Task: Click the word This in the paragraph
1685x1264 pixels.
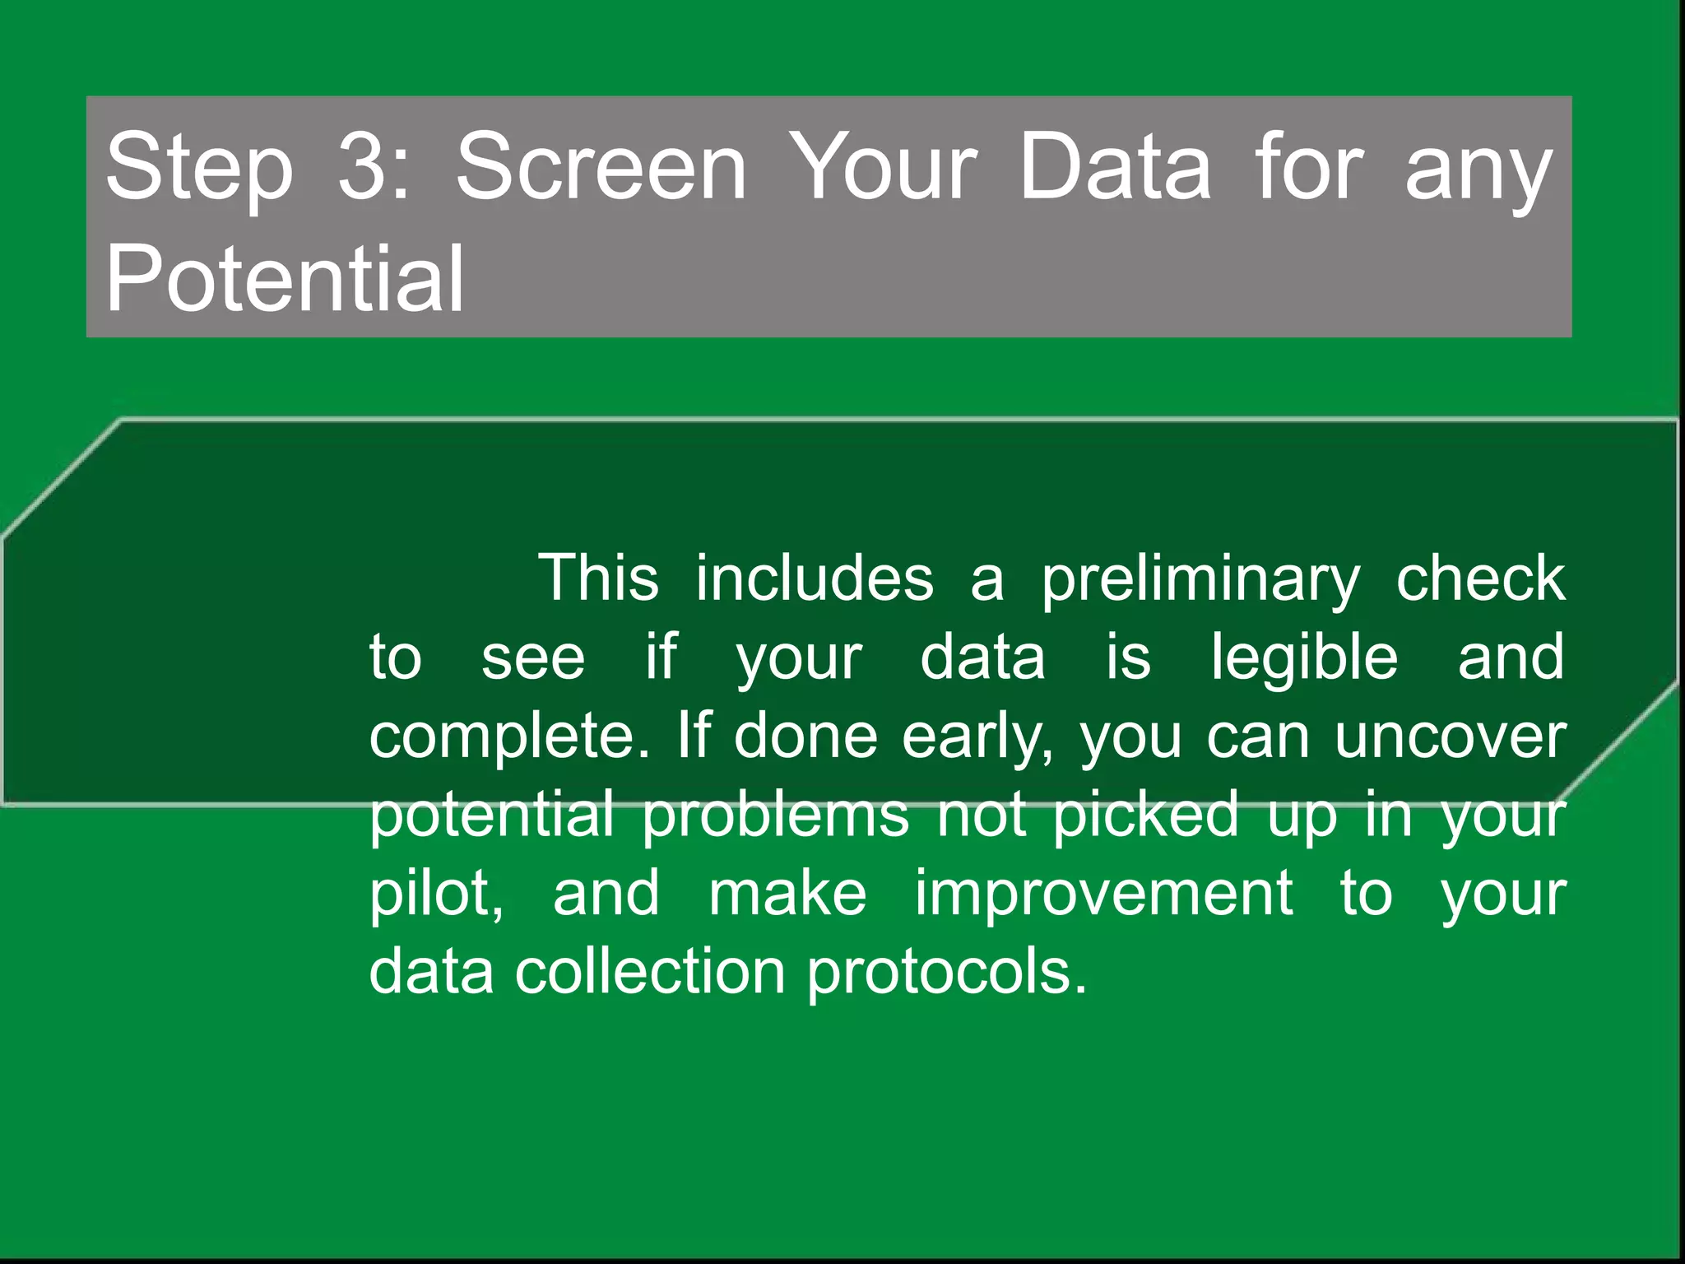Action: [x=598, y=578]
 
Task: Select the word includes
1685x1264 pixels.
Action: [x=815, y=578]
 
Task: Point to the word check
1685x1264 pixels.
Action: [x=1480, y=578]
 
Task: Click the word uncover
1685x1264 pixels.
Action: [x=1450, y=736]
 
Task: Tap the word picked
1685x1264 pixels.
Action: [x=1145, y=815]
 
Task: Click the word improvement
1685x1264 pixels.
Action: [x=1103, y=894]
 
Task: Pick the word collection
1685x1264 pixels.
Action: [x=650, y=972]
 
